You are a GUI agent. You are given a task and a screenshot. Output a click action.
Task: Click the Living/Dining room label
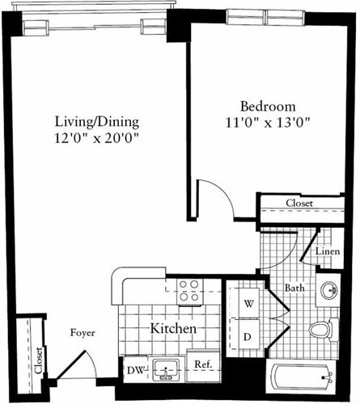point(97,122)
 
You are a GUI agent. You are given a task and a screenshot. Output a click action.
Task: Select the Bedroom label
point(268,107)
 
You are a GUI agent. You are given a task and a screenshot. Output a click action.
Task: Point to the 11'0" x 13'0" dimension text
point(268,123)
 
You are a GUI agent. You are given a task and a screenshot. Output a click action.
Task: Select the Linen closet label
point(326,252)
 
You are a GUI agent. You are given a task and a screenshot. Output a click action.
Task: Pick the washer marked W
point(248,304)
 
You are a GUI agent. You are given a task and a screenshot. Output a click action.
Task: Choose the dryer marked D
point(248,334)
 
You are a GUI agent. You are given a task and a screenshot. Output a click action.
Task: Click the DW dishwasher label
point(134,370)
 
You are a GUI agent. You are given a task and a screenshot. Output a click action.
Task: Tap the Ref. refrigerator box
point(203,365)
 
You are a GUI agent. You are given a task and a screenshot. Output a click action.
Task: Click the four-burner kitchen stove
point(189,292)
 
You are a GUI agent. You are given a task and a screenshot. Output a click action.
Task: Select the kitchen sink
point(167,372)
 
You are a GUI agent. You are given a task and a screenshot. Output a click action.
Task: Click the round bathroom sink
point(328,291)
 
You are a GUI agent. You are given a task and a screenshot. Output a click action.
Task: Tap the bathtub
point(302,377)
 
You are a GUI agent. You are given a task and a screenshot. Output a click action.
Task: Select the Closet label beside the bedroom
point(299,204)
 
